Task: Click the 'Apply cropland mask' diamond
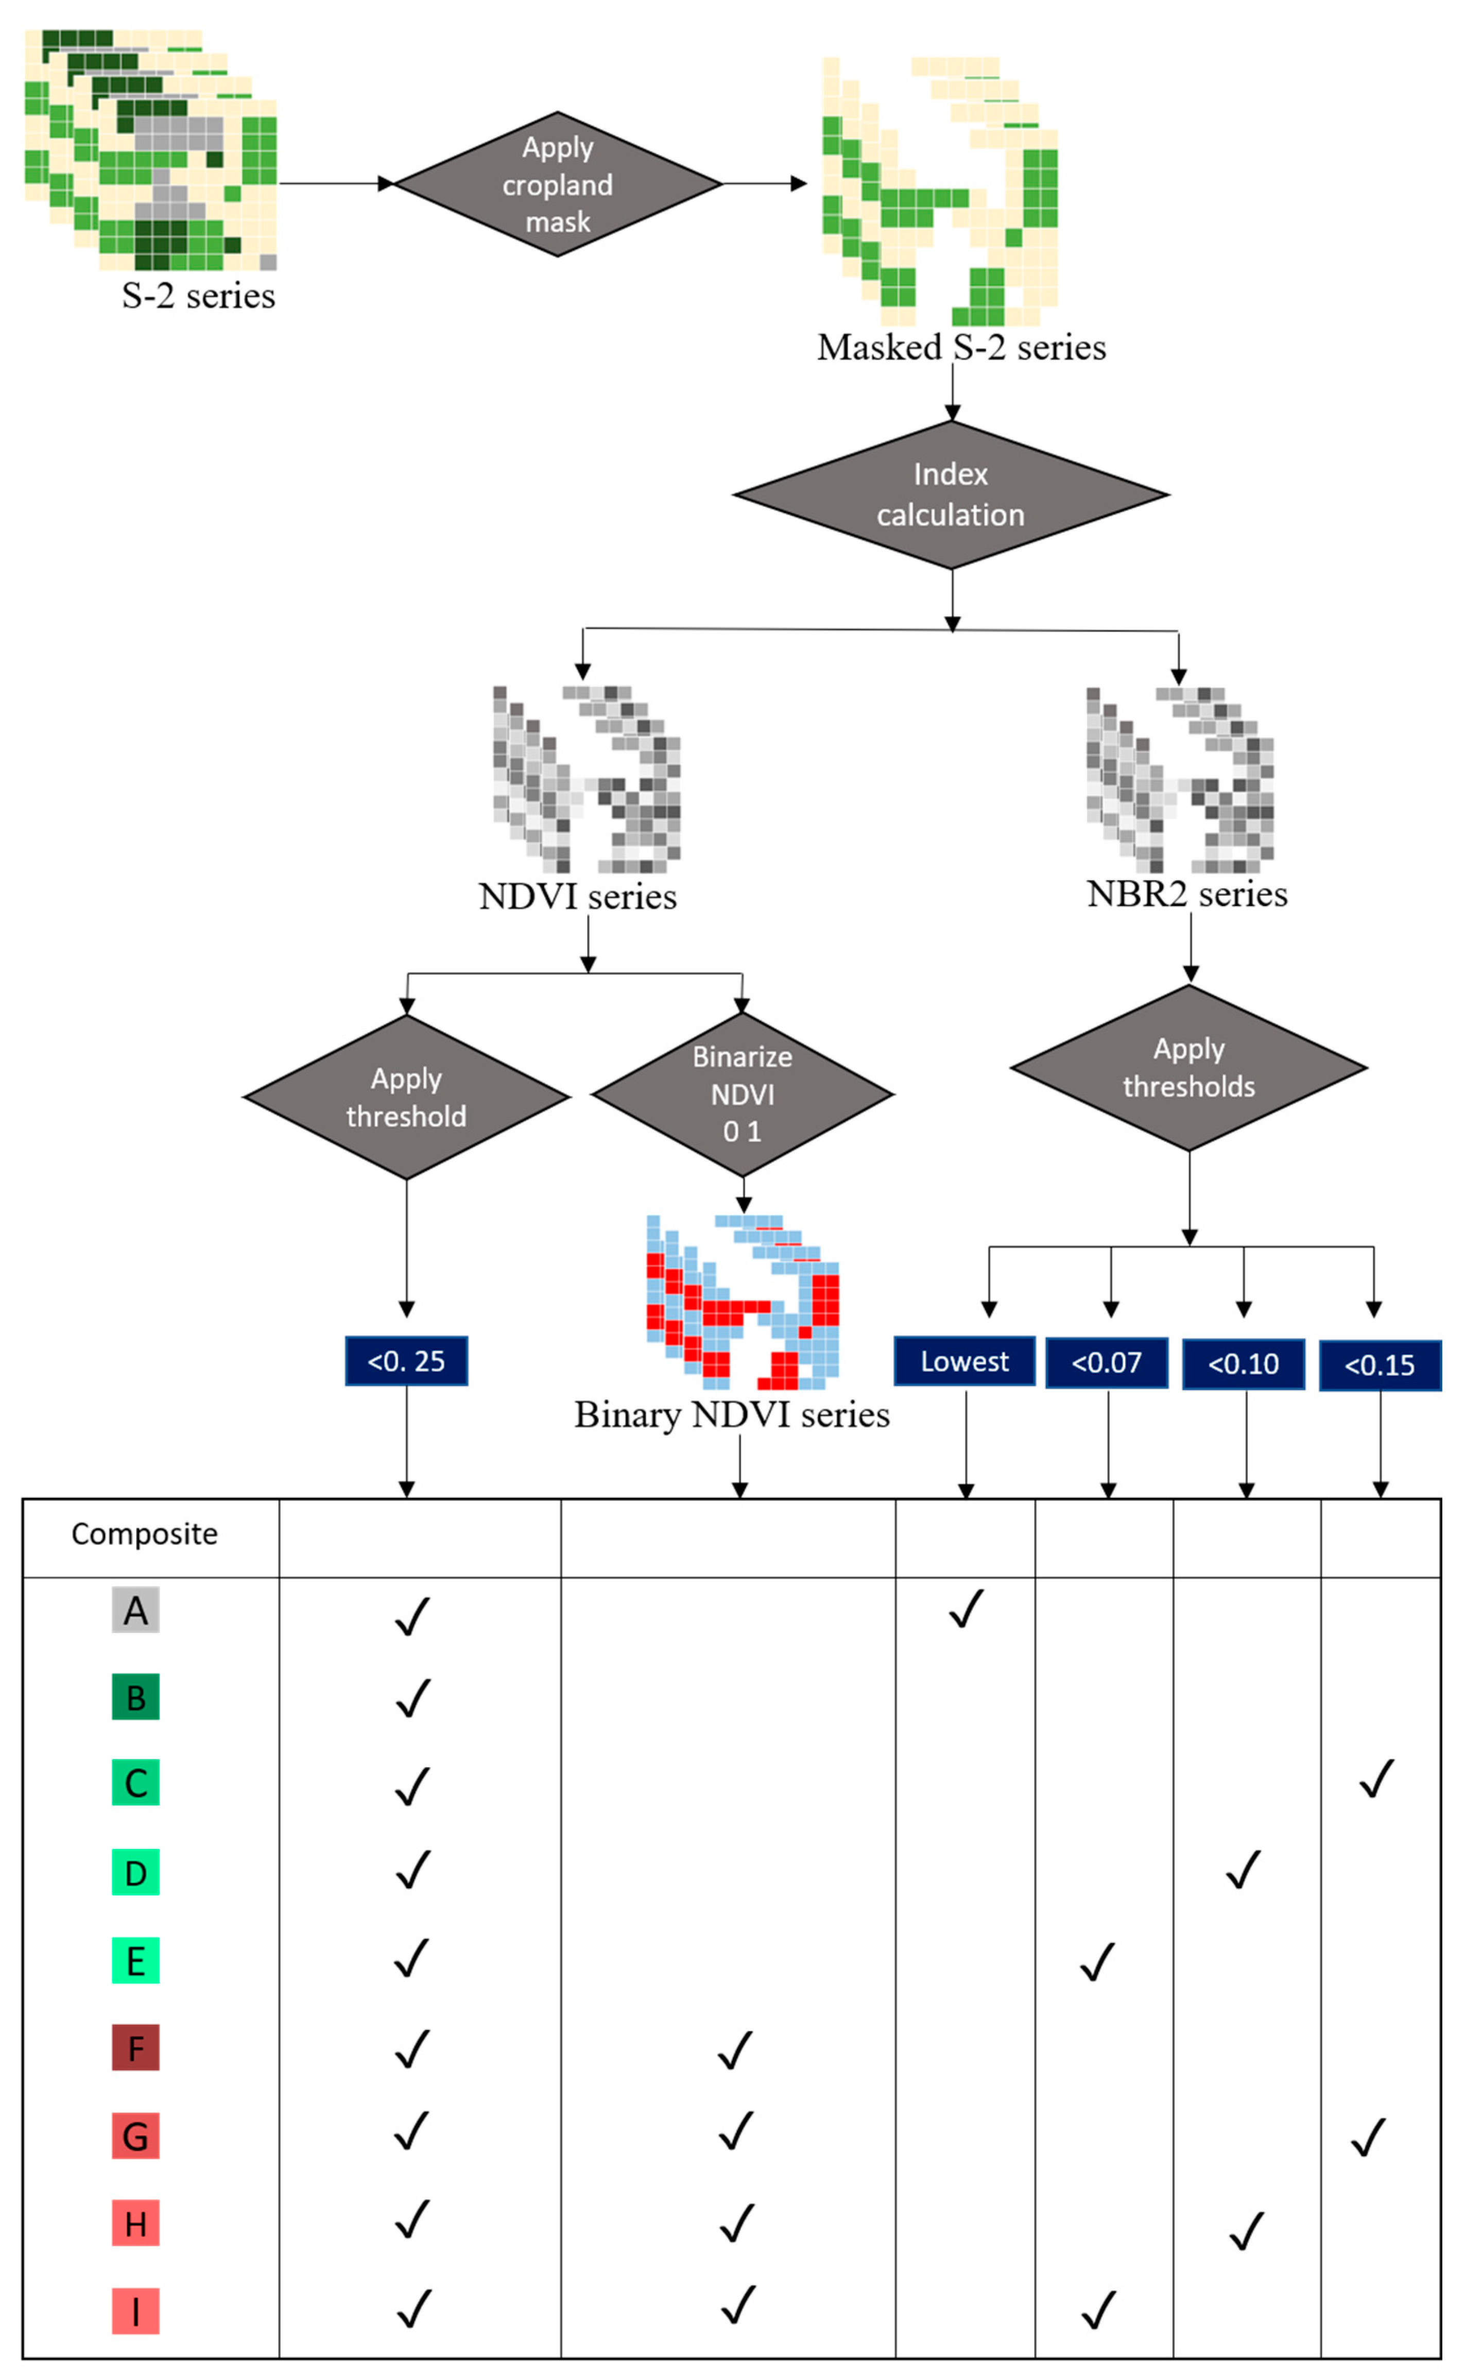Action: coord(557,184)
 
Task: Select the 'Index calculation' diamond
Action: coord(951,494)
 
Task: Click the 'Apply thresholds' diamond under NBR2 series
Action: coord(1189,1068)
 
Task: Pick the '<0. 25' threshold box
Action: coord(406,1361)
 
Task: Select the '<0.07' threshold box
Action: coord(1107,1363)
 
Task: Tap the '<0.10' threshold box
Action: coord(1243,1364)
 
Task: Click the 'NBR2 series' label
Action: coord(1187,893)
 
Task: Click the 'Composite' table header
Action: coord(145,1534)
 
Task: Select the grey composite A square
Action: coord(135,1610)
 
